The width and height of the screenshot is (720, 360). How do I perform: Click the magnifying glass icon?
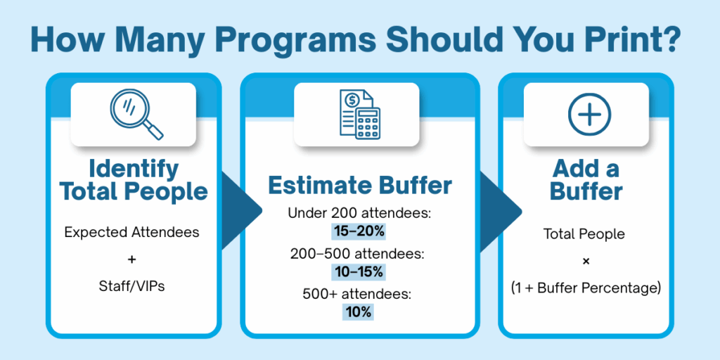point(136,114)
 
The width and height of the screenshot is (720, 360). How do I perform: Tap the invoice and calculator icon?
point(359,115)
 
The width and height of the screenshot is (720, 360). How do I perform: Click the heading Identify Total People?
point(134,181)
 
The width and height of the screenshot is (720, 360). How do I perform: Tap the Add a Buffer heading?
point(586,181)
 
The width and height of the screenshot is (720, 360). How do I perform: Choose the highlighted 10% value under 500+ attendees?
point(358,312)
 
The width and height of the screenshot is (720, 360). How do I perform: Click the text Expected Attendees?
point(131,232)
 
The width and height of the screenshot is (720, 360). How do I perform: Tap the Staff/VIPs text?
point(131,286)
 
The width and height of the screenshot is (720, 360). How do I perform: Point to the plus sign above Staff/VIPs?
point(132,260)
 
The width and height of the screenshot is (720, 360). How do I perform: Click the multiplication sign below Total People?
point(586,262)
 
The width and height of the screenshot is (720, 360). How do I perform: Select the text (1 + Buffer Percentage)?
point(586,289)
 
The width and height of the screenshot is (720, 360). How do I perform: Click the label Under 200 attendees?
point(359,213)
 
